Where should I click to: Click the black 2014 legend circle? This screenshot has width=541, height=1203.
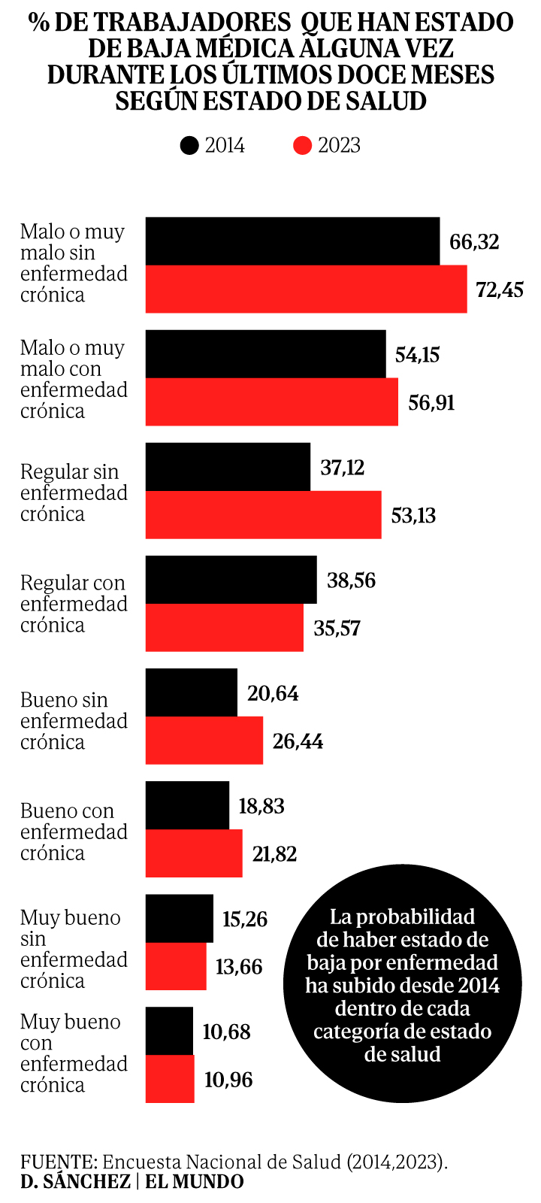point(190,145)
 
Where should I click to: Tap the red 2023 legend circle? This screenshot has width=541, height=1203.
point(302,145)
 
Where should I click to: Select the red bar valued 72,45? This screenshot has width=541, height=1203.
point(306,289)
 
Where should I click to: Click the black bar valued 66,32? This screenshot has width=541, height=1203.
point(292,241)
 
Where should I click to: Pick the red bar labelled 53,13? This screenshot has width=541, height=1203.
point(263,515)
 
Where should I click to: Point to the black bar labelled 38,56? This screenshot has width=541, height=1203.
point(231,580)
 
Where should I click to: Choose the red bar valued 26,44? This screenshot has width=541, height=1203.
point(204,741)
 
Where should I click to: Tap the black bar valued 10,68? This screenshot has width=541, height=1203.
point(169,1031)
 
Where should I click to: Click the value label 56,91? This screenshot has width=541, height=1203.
point(431,402)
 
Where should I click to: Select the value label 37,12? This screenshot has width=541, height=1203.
point(342,468)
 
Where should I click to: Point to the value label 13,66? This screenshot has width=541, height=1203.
point(238,966)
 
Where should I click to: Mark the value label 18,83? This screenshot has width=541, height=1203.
point(261,806)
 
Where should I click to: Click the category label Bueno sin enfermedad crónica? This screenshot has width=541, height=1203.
point(74,720)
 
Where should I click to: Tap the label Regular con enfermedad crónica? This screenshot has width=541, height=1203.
point(74,604)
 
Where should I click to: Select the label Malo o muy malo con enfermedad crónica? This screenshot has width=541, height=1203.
point(74,379)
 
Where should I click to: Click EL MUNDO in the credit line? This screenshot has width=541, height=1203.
point(195,1181)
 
